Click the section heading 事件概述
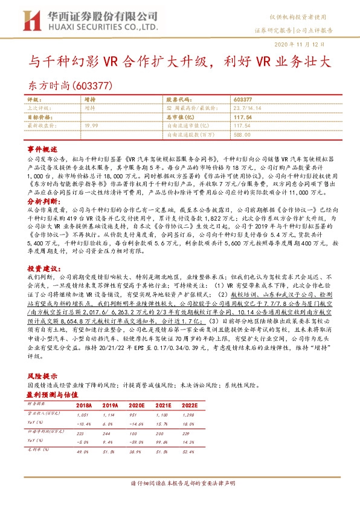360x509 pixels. click(x=42, y=149)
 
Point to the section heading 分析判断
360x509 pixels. click(x=42, y=200)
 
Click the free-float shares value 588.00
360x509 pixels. click(x=242, y=134)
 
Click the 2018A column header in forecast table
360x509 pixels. click(x=85, y=406)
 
